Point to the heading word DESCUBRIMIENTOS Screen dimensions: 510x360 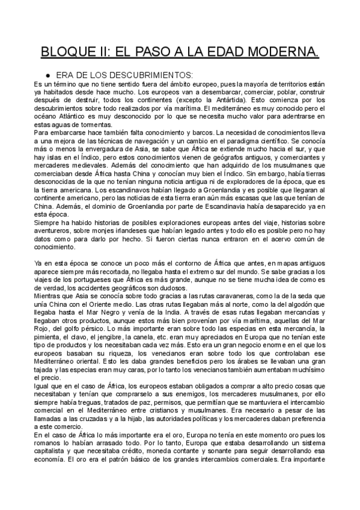(x=151, y=75)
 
